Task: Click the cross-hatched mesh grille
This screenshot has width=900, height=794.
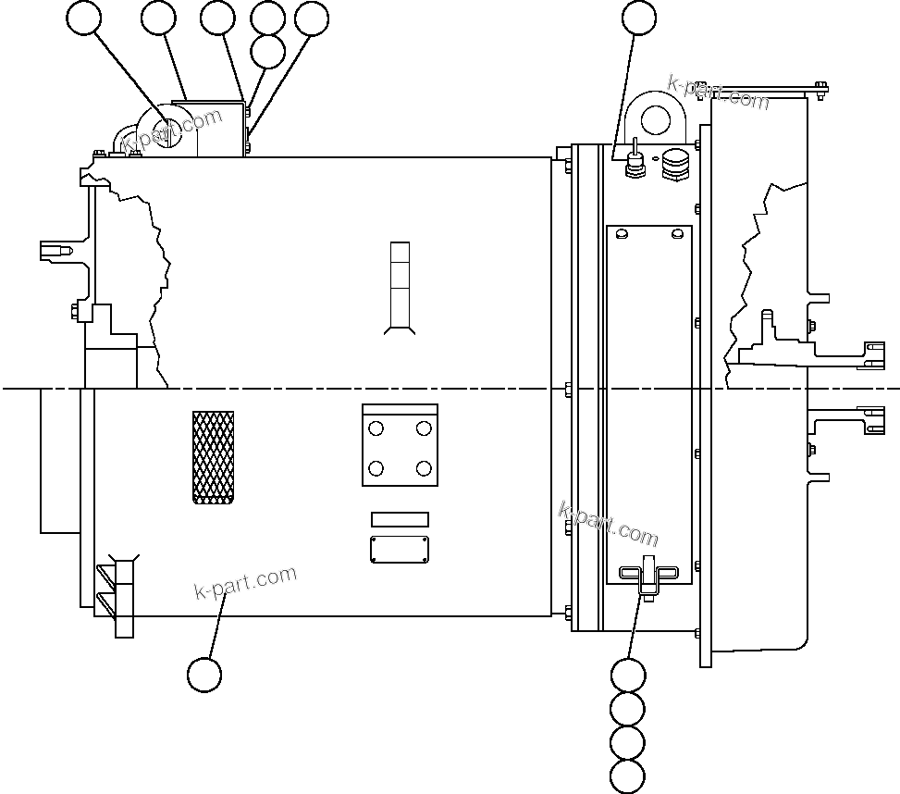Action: coord(213,457)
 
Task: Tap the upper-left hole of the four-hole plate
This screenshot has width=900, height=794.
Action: coord(376,428)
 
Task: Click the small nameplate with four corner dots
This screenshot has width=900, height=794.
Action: coord(400,549)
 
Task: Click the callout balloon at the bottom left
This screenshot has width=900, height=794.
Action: coord(204,675)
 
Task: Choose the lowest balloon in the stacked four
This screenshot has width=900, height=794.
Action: coord(628,775)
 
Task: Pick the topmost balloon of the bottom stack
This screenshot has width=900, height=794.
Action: coord(628,676)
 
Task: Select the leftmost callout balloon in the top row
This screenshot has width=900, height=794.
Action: coord(85,19)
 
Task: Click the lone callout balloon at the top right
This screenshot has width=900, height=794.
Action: coord(639,18)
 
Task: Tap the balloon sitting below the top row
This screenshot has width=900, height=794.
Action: coord(268,52)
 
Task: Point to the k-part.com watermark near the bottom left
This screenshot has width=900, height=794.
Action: coord(246,582)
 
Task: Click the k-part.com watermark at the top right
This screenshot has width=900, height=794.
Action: coord(718,92)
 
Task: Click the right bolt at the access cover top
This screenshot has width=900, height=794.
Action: coord(678,232)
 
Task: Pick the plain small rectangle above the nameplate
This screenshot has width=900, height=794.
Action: coord(400,519)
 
